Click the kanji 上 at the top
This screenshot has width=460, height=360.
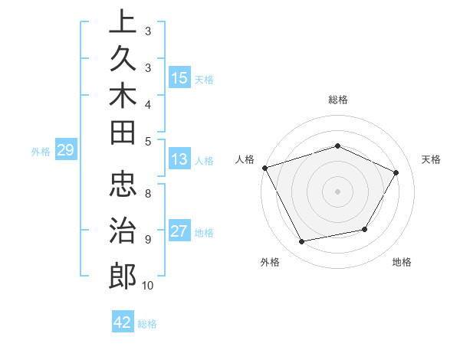pyautogui.click(x=123, y=21)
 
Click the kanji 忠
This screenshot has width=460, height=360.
pyautogui.click(x=123, y=185)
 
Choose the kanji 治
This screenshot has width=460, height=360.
pyautogui.click(x=123, y=229)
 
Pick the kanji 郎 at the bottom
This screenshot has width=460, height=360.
pyautogui.click(x=123, y=273)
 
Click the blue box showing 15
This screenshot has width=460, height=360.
pyautogui.click(x=179, y=77)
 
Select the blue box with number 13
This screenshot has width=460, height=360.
pyautogui.click(x=179, y=159)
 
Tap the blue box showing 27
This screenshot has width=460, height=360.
pyautogui.click(x=179, y=231)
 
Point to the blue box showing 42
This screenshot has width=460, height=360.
pyautogui.click(x=123, y=322)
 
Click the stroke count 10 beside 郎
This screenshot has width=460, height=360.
pyautogui.click(x=148, y=286)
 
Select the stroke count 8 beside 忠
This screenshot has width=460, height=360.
pyautogui.click(x=148, y=193)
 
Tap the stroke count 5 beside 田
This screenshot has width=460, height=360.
pyautogui.click(x=148, y=140)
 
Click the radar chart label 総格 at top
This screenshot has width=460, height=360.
pyautogui.click(x=337, y=100)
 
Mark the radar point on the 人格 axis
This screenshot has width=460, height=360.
pyautogui.click(x=264, y=167)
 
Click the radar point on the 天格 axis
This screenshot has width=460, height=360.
pyautogui.click(x=396, y=172)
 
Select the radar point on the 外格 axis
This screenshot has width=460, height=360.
pyautogui.click(x=302, y=241)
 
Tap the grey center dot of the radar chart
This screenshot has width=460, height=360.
pyautogui.click(x=337, y=191)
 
